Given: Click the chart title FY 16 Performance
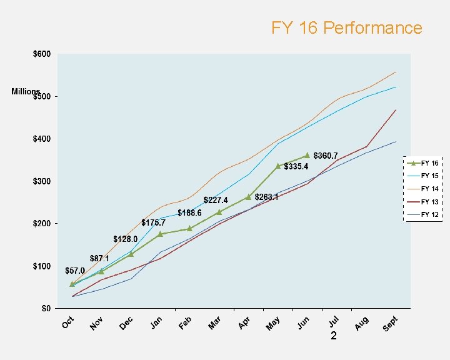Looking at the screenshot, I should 346,28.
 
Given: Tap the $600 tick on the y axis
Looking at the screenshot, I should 42,54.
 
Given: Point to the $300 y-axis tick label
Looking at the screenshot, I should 42,181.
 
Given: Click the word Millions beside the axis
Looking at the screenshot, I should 26,92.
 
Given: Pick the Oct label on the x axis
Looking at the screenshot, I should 68,322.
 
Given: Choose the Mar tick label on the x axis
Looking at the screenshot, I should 215,324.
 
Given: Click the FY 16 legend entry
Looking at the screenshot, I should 429,162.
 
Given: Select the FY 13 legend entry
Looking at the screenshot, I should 429,202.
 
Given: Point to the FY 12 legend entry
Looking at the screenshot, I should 429,214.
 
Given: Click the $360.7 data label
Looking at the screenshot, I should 326,156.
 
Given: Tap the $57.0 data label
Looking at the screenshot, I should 75,271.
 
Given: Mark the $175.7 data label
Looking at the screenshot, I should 153,222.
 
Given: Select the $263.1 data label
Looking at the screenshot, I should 266,197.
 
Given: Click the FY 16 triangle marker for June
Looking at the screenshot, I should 307,155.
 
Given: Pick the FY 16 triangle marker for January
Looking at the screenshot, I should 160,234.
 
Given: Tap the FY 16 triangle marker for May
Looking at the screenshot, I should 278,166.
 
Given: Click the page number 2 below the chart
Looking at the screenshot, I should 334,336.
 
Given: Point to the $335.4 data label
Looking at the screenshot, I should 296,167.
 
